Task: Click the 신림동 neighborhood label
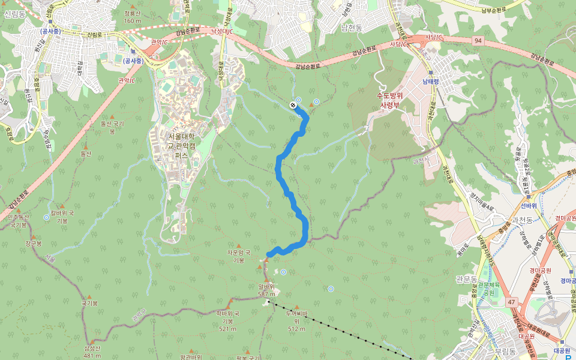click(14, 14)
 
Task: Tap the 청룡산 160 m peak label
click(132, 17)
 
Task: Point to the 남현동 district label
click(352, 28)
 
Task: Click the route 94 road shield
click(478, 40)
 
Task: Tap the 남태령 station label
click(431, 81)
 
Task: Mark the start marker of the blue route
click(293, 106)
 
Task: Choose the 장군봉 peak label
click(34, 244)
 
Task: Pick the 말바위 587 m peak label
click(266, 290)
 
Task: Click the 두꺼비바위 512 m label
click(296, 320)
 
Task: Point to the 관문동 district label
click(467, 279)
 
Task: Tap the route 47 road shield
click(511, 303)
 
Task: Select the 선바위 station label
click(529, 205)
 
